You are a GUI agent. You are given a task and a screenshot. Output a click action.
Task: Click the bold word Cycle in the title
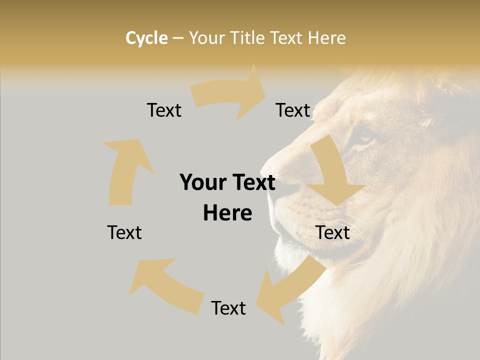pyautogui.click(x=146, y=38)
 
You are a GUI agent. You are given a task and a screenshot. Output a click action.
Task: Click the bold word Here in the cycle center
pyautogui.click(x=227, y=213)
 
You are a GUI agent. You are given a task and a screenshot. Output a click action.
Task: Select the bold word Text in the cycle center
pyautogui.click(x=252, y=182)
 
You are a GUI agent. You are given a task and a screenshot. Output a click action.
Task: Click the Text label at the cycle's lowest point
pyautogui.click(x=228, y=308)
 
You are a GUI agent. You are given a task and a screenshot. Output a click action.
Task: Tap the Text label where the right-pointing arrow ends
pyautogui.click(x=293, y=110)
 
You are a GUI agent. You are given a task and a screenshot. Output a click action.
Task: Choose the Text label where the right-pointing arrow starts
pyautogui.click(x=164, y=110)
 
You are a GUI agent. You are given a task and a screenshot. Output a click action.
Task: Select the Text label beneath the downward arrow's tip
pyautogui.click(x=332, y=232)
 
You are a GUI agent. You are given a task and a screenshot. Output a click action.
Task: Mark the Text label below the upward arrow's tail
pyautogui.click(x=124, y=232)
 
